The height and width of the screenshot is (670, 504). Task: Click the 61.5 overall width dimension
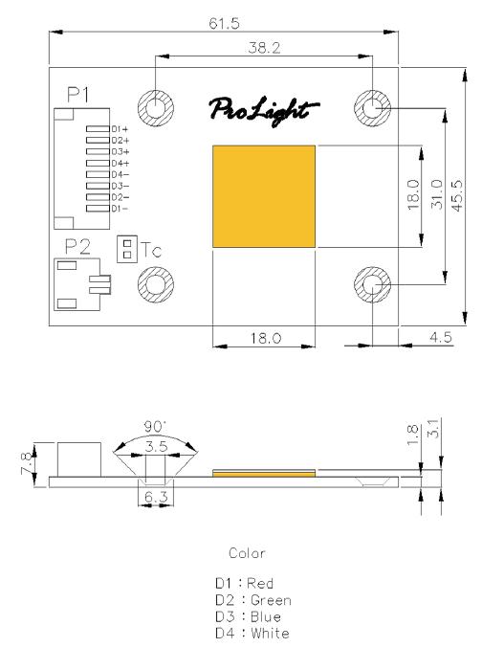coord(224,23)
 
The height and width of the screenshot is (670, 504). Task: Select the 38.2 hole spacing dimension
coord(264,48)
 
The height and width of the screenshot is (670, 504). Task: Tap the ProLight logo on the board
coord(264,111)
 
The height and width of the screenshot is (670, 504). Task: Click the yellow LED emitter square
coord(264,196)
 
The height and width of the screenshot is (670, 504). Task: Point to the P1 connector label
coord(78,95)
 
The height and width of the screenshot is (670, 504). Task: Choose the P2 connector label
coord(77,247)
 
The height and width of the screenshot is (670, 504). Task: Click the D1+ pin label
coord(120,129)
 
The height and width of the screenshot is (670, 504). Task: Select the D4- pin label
coord(120,174)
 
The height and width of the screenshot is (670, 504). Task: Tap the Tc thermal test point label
coord(151,250)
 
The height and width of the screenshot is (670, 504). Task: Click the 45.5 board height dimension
coord(456,196)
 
